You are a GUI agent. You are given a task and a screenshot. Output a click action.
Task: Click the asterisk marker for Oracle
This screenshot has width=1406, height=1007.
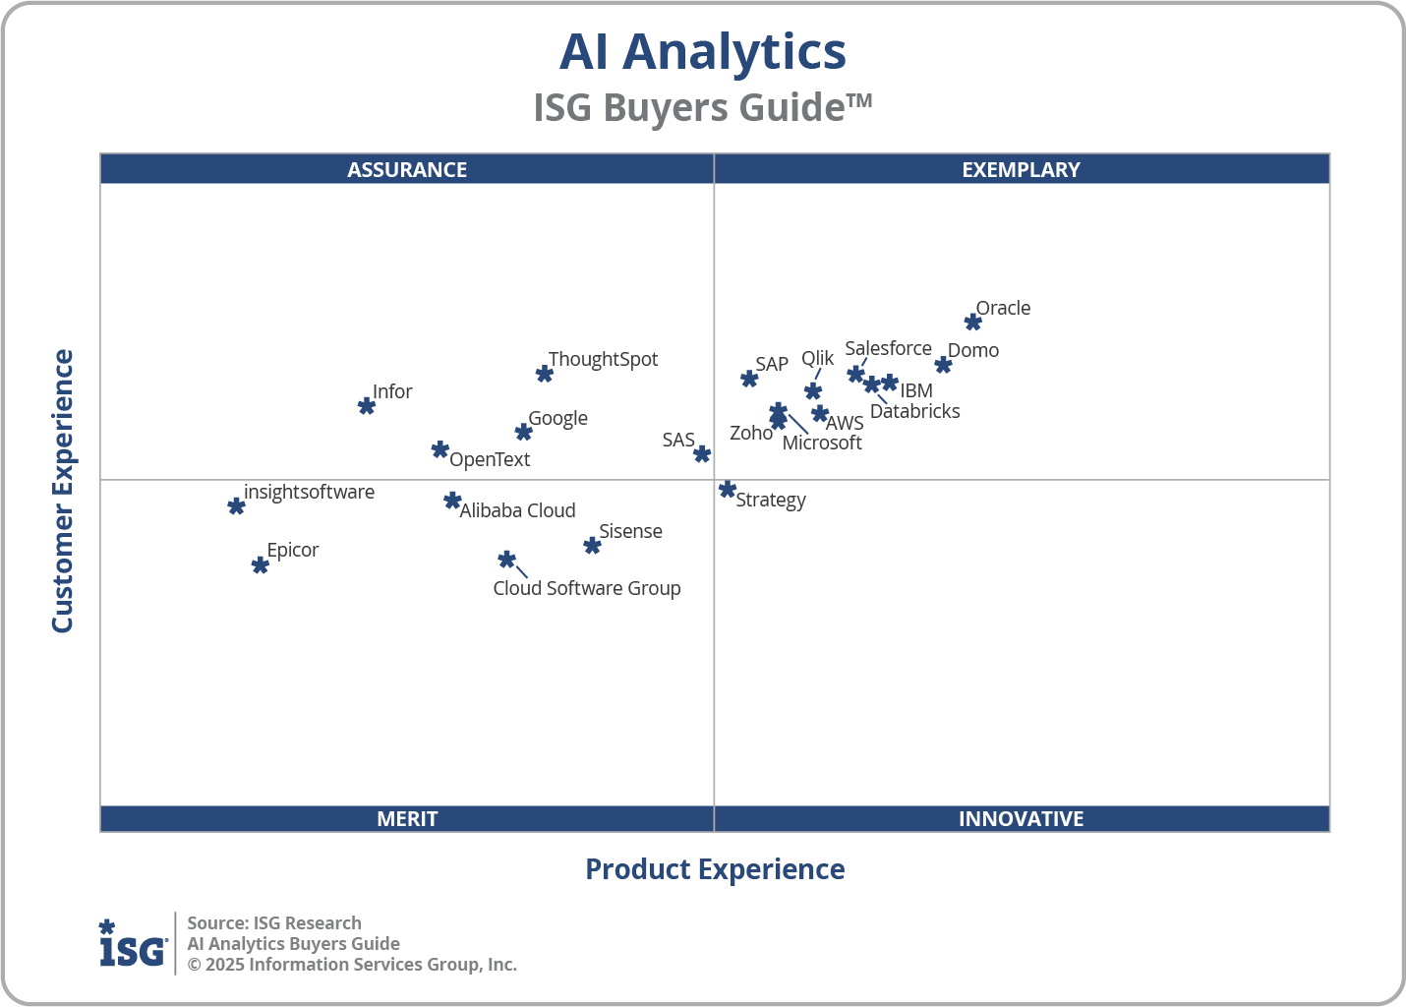click(x=972, y=323)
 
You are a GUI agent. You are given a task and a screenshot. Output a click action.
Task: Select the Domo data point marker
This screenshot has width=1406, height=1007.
click(x=943, y=365)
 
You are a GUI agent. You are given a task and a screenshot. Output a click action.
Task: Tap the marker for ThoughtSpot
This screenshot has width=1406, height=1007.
click(x=545, y=374)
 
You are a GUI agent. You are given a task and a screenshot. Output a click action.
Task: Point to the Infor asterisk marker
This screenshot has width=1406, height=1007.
click(x=367, y=406)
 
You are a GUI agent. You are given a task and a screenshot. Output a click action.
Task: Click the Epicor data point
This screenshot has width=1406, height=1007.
click(x=260, y=565)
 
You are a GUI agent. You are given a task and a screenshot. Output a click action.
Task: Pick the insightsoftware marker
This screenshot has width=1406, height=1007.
click(x=236, y=506)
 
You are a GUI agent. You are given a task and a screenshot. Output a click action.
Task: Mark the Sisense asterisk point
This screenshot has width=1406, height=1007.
click(x=592, y=546)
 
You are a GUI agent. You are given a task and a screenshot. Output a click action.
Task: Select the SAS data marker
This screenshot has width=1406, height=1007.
click(x=702, y=454)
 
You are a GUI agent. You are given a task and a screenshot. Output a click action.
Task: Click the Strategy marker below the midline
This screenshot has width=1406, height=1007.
click(x=728, y=489)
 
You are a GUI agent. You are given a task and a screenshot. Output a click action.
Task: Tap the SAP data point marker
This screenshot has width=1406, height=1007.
click(x=749, y=379)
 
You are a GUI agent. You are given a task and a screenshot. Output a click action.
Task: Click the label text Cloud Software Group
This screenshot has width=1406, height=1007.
click(x=587, y=588)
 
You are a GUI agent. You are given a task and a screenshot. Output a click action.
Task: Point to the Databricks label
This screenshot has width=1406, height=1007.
click(x=914, y=411)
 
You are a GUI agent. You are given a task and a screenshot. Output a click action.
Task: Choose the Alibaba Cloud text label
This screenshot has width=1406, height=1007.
click(x=517, y=510)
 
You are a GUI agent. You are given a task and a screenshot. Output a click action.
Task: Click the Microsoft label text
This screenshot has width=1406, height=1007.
click(x=822, y=443)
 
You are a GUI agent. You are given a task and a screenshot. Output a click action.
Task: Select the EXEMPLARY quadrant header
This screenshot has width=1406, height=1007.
click(x=1021, y=169)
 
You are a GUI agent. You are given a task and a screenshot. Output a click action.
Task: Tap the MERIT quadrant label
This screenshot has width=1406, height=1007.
click(x=407, y=818)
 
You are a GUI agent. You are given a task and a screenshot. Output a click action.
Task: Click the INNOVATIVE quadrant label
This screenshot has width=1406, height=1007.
click(x=1021, y=818)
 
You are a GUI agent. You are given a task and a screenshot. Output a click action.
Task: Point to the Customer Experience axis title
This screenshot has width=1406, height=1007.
click(x=63, y=492)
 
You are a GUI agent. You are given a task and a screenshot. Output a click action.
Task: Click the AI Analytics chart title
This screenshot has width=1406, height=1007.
click(x=702, y=51)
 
